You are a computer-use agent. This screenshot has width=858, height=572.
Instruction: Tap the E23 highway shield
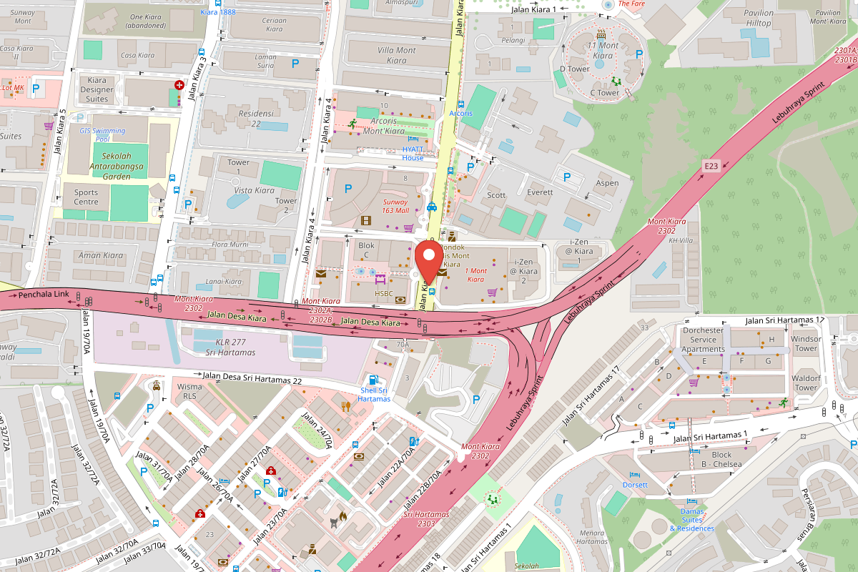[710, 166]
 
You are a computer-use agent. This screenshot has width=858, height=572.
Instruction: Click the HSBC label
[384, 293]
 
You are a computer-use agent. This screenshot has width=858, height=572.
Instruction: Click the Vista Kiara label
[255, 190]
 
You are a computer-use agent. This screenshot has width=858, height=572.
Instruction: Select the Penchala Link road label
[43, 295]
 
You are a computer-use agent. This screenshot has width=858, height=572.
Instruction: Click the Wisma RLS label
[189, 391]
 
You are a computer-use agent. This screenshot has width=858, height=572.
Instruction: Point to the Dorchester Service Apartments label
[703, 340]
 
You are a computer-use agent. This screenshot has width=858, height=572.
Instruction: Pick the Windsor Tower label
[806, 344]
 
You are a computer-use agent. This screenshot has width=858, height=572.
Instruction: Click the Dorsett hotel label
[635, 485]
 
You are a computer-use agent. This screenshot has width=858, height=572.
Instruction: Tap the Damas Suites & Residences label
[691, 520]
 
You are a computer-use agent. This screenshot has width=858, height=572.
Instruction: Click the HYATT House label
[413, 153]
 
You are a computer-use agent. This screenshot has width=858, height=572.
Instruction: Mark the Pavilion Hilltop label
[759, 18]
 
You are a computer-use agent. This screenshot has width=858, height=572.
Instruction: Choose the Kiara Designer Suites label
[97, 90]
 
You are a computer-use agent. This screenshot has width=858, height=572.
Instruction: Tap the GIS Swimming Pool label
[102, 134]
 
